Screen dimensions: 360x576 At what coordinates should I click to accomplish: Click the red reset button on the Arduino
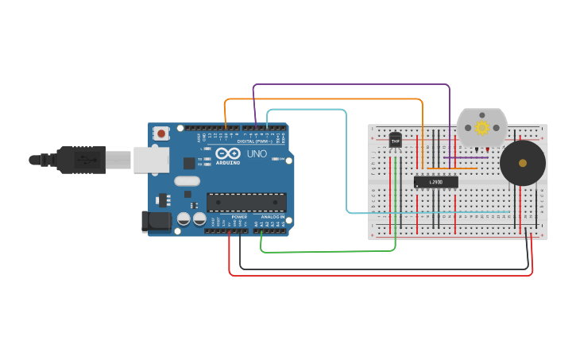click(161, 134)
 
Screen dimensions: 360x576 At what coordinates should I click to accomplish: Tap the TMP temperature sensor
click(395, 141)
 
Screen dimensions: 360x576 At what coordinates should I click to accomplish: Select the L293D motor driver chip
click(435, 182)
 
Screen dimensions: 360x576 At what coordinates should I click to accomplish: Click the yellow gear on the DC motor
click(481, 127)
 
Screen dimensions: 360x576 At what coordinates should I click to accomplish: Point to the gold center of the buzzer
click(522, 162)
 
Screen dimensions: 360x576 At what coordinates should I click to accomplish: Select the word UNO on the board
click(257, 153)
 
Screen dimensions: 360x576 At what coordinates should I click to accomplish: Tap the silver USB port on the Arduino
click(151, 159)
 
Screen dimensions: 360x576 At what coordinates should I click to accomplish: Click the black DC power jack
click(156, 222)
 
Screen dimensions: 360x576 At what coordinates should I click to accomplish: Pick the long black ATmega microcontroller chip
click(245, 203)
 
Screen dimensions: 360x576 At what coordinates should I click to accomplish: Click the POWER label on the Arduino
click(239, 217)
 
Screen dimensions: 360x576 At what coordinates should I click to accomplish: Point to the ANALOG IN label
click(272, 217)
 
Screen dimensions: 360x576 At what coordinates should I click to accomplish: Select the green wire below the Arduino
click(326, 252)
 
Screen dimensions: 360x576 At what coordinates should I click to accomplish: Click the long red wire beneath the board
click(373, 275)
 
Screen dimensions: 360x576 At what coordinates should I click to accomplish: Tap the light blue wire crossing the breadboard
click(429, 212)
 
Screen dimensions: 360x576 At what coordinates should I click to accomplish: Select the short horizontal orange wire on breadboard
click(451, 168)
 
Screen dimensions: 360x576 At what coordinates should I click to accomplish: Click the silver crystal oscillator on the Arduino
click(187, 181)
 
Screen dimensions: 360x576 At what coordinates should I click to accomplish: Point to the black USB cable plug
click(79, 160)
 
